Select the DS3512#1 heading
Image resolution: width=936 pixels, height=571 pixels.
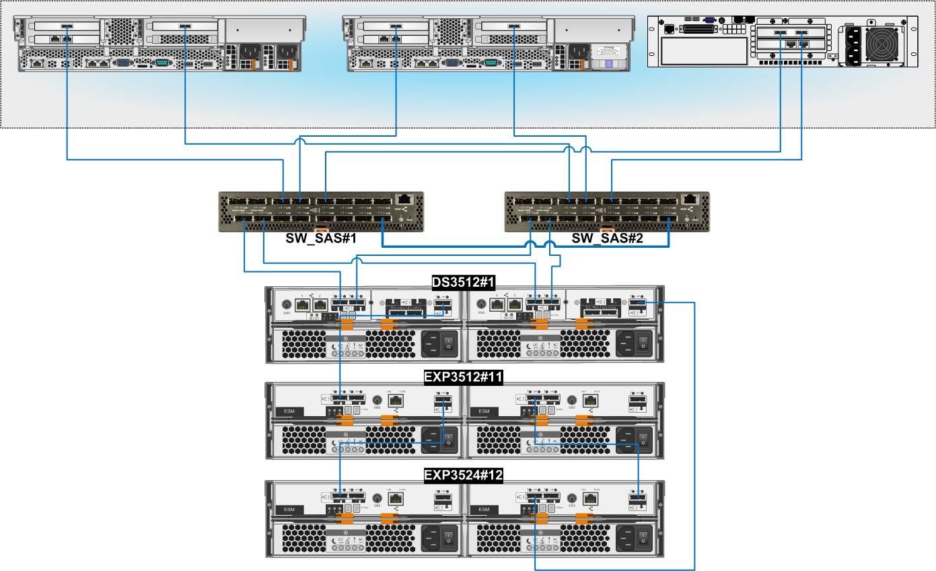(x=464, y=281)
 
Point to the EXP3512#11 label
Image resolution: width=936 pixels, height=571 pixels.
(x=464, y=378)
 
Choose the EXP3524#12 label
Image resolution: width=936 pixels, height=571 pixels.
(x=464, y=475)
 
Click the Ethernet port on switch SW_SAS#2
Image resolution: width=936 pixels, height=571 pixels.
(x=691, y=199)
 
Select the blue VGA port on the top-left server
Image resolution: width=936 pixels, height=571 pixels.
(x=124, y=63)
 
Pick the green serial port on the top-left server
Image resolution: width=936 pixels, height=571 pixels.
(x=161, y=63)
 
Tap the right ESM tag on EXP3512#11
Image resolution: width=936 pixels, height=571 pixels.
(x=484, y=411)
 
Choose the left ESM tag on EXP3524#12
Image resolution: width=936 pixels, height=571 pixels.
(x=289, y=510)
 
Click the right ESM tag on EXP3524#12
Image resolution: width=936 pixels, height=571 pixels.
(x=484, y=510)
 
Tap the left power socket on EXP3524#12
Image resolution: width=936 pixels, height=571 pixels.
(x=431, y=537)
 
